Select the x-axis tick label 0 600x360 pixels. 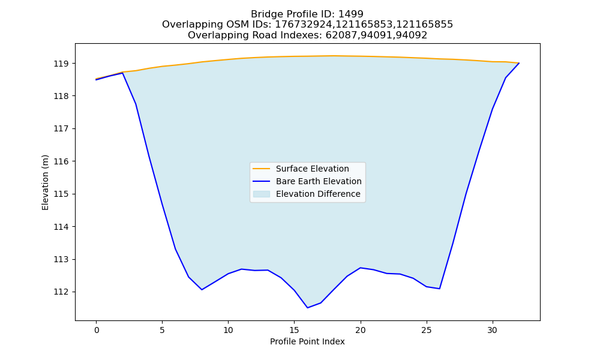97,330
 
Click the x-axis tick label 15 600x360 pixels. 294,330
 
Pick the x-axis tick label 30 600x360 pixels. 493,330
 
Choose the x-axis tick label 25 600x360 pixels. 426,330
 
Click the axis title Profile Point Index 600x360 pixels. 307,341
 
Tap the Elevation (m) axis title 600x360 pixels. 45,182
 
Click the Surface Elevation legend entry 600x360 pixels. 312,169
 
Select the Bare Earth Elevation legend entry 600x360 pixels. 319,181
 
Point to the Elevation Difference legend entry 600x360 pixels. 318,194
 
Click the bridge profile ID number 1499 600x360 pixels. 351,14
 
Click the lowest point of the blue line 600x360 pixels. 307,308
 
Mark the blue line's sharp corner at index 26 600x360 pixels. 439,289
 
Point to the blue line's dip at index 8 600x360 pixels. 202,290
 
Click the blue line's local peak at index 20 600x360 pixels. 361,268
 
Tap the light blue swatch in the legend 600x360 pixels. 262,194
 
